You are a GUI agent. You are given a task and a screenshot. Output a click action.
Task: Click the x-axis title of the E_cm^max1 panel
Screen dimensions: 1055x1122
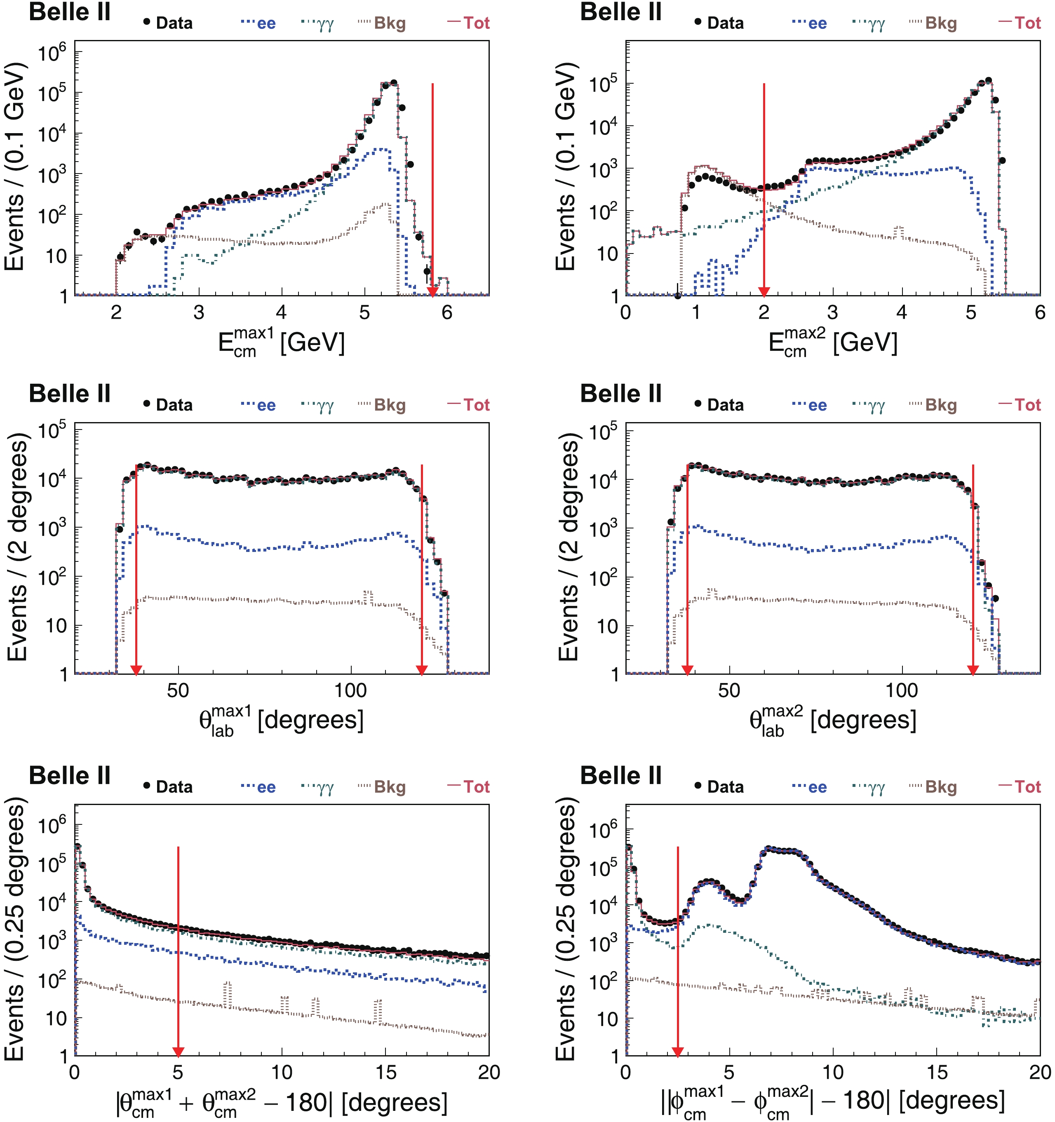coord(281,343)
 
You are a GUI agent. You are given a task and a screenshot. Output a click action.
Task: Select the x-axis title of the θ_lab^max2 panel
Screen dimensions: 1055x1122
coord(833,721)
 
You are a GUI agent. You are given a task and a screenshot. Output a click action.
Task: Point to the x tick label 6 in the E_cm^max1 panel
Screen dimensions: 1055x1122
coord(447,312)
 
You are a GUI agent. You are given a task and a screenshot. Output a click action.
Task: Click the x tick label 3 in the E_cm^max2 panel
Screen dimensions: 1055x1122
coord(833,312)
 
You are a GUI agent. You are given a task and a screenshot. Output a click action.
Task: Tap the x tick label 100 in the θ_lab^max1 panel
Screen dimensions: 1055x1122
coord(350,690)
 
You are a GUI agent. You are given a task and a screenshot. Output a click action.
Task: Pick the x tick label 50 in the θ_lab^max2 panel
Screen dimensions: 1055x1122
coord(729,690)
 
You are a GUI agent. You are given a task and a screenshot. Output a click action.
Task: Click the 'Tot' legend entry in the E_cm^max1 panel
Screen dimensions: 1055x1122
coord(468,23)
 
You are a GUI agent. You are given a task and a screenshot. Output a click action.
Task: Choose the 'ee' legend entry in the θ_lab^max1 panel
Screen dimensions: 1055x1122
coord(258,405)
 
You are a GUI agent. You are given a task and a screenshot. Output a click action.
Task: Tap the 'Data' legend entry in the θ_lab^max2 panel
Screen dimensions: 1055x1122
coord(719,405)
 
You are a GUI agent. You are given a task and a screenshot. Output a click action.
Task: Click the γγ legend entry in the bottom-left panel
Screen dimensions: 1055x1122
coord(318,788)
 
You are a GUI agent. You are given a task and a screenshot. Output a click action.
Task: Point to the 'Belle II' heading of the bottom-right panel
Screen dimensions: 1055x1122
coord(621,775)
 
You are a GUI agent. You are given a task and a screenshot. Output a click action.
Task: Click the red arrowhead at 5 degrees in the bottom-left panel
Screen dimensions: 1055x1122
coord(178,1052)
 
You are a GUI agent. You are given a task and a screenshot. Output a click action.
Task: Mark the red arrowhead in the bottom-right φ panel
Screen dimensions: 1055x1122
coord(677,1052)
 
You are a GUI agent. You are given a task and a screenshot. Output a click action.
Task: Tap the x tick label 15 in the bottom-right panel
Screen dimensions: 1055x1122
coord(936,1073)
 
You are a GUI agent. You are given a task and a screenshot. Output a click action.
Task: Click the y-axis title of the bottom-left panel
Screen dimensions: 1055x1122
coord(15,930)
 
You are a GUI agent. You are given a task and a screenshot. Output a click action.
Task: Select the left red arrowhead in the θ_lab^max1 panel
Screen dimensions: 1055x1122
coord(136,670)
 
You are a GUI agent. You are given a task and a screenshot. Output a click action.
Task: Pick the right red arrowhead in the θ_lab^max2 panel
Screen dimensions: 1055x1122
coord(973,670)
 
